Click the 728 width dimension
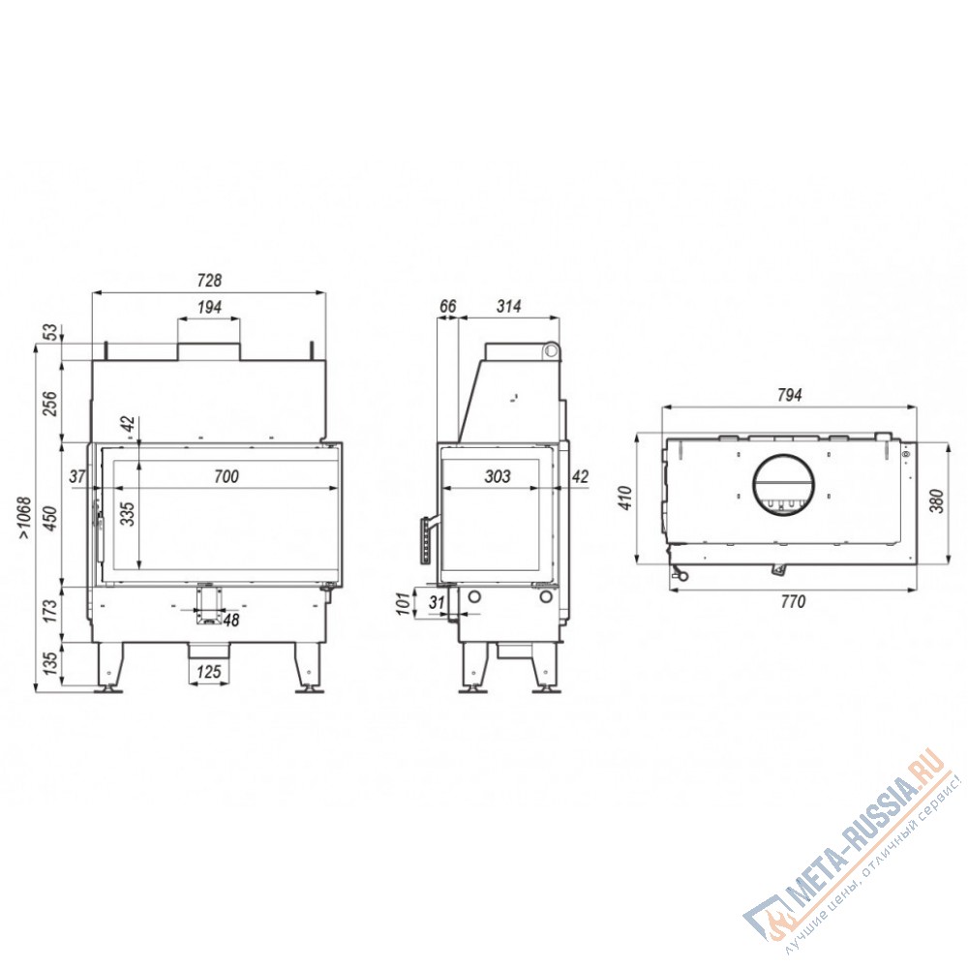pyautogui.click(x=209, y=281)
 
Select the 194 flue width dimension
pyautogui.click(x=209, y=307)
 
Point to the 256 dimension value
pyautogui.click(x=50, y=403)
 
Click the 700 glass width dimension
pyautogui.click(x=226, y=476)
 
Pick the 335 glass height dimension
pyautogui.click(x=127, y=514)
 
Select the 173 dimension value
pyautogui.click(x=50, y=611)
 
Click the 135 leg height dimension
pyautogui.click(x=50, y=662)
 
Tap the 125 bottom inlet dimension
pyautogui.click(x=209, y=672)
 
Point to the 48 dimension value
pyautogui.click(x=231, y=620)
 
